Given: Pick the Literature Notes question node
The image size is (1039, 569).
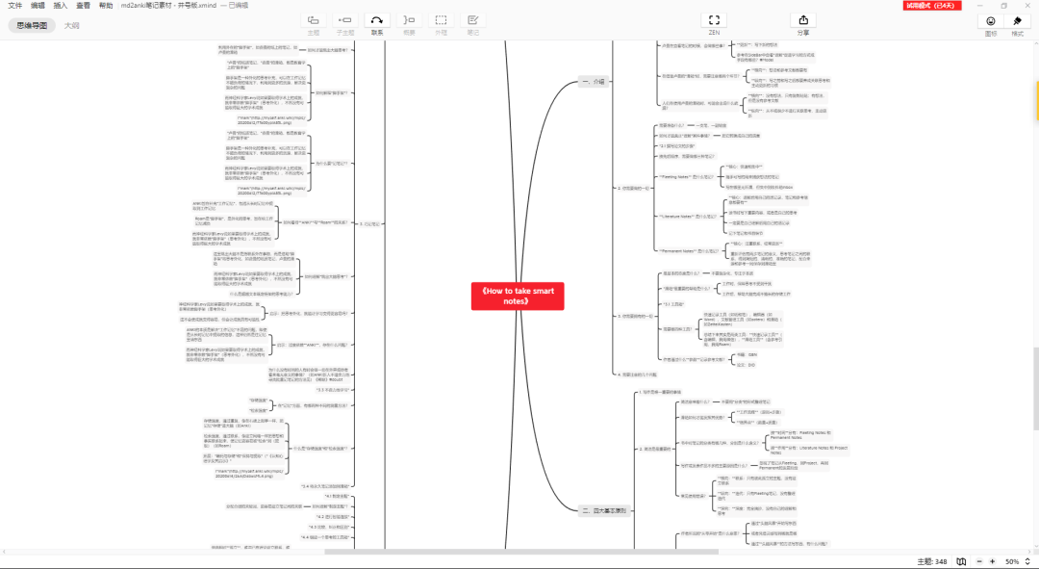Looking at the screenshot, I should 688,216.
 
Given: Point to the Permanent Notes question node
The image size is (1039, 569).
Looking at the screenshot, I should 688,250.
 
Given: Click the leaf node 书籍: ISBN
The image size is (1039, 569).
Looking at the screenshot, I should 740,354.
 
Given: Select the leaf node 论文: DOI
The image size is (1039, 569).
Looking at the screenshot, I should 739,365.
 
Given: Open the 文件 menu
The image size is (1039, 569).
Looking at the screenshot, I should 14,6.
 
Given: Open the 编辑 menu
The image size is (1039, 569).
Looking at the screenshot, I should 38,6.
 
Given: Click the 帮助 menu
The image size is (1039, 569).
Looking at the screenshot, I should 106,6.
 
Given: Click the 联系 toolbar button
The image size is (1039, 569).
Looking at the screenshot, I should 376,23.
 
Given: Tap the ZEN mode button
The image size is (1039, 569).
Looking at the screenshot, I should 713,23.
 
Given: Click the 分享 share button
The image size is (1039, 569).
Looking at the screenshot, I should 803,23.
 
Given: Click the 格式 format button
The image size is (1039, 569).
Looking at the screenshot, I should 1018,24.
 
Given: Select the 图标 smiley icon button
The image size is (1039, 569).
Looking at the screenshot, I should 991,24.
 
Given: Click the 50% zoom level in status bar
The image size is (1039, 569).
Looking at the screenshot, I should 1012,561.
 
